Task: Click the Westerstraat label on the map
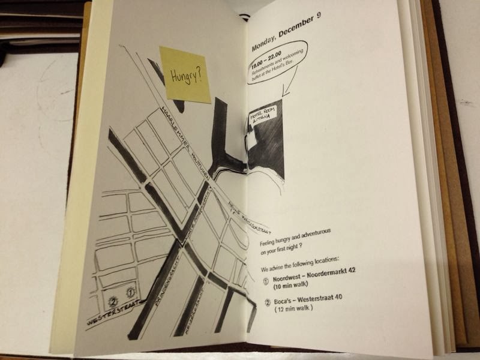pyautogui.click(x=113, y=313)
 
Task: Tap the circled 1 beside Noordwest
pyautogui.click(x=266, y=279)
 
